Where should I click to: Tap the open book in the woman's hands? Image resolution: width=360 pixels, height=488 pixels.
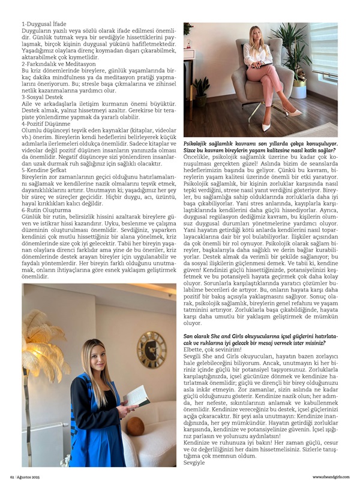click(138, 396)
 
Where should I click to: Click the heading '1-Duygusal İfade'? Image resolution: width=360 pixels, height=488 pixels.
click(38, 23)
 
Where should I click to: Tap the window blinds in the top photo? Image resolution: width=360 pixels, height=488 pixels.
click(323, 48)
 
